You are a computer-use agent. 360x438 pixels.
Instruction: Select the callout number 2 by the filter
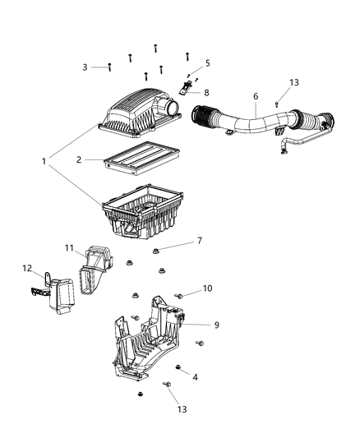(79, 161)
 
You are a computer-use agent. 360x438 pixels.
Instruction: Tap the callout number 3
(84, 67)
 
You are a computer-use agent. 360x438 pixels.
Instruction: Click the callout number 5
(207, 62)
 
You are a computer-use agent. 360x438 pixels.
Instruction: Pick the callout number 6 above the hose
(255, 96)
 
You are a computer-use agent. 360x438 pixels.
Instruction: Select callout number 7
(198, 241)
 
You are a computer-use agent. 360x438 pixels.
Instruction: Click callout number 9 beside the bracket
(216, 325)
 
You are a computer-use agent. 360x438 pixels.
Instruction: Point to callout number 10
(207, 288)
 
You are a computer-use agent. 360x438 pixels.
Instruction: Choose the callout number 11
(71, 247)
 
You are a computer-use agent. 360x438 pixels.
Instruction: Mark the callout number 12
(26, 268)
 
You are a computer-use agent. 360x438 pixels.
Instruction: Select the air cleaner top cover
(136, 115)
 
